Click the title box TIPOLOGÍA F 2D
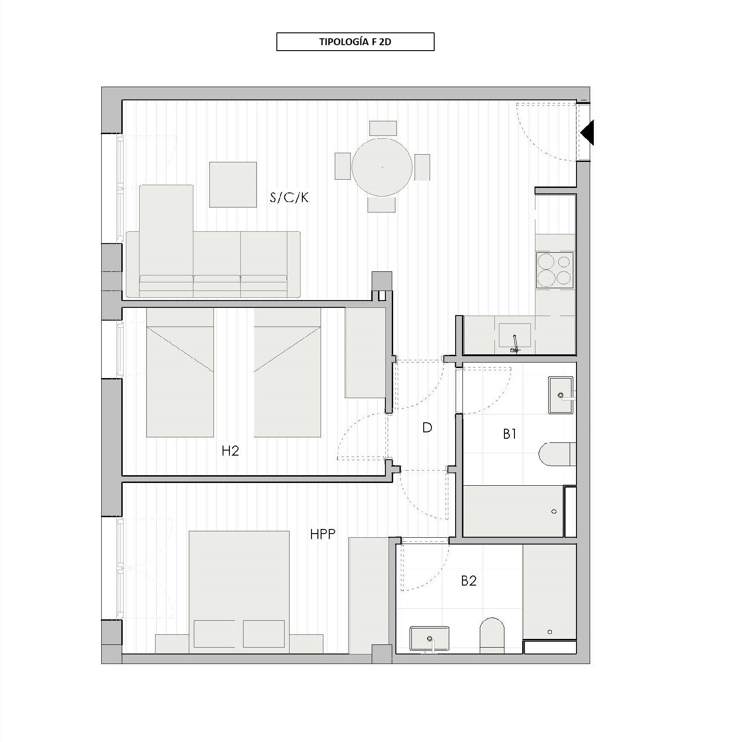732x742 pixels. pyautogui.click(x=355, y=42)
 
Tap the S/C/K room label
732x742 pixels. pyautogui.click(x=289, y=197)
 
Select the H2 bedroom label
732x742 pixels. pyautogui.click(x=230, y=451)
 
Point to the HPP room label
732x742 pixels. pyautogui.click(x=323, y=534)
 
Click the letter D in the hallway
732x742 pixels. pyautogui.click(x=427, y=427)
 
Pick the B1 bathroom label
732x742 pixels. pyautogui.click(x=509, y=434)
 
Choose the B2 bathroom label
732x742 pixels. pyautogui.click(x=469, y=581)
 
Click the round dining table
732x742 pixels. pyautogui.click(x=382, y=167)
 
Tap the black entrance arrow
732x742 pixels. pyautogui.click(x=587, y=132)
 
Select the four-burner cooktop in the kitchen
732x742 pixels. pyautogui.click(x=555, y=270)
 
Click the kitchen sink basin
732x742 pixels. pyautogui.click(x=515, y=335)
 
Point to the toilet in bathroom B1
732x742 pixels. pyautogui.click(x=557, y=454)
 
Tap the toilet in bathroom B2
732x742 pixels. pyautogui.click(x=493, y=636)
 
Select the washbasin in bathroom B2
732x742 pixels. pyautogui.click(x=430, y=638)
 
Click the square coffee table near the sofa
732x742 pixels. pyautogui.click(x=233, y=184)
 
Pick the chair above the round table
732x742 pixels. pyautogui.click(x=383, y=128)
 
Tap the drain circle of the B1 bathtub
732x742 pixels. pyautogui.click(x=554, y=511)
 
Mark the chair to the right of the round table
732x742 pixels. pyautogui.click(x=422, y=167)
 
